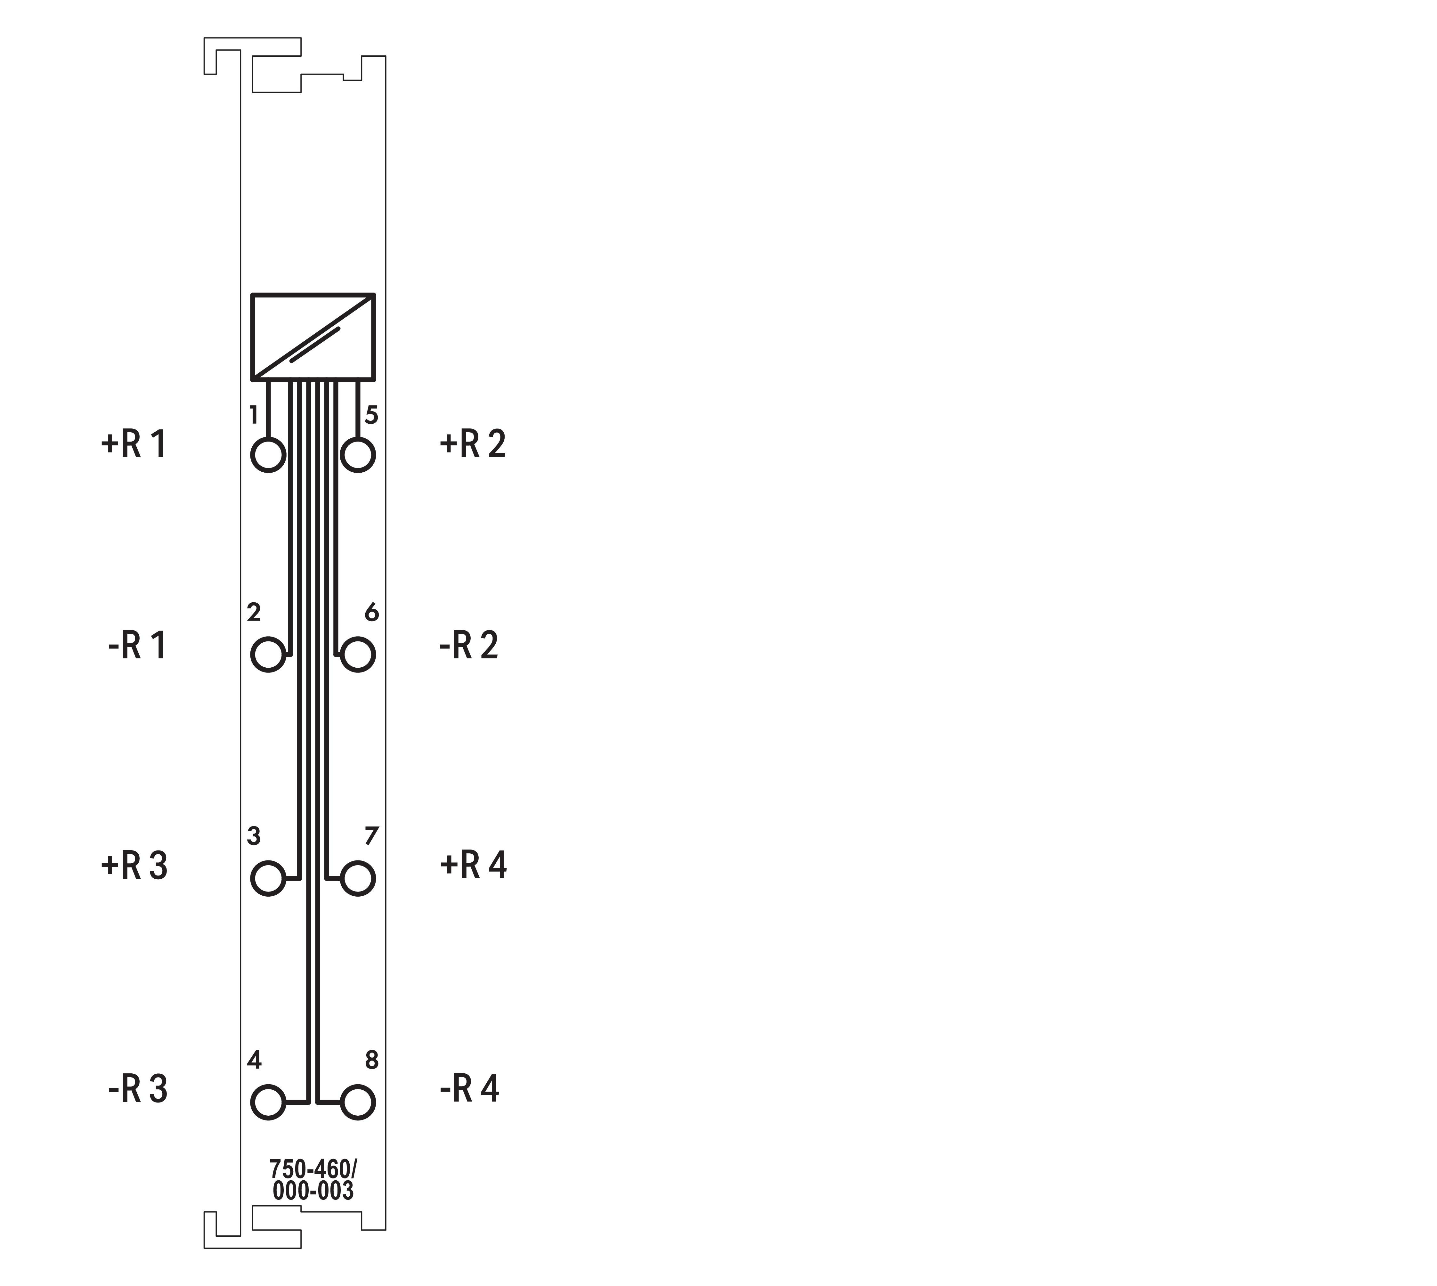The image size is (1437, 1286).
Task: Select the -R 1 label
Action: (137, 645)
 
